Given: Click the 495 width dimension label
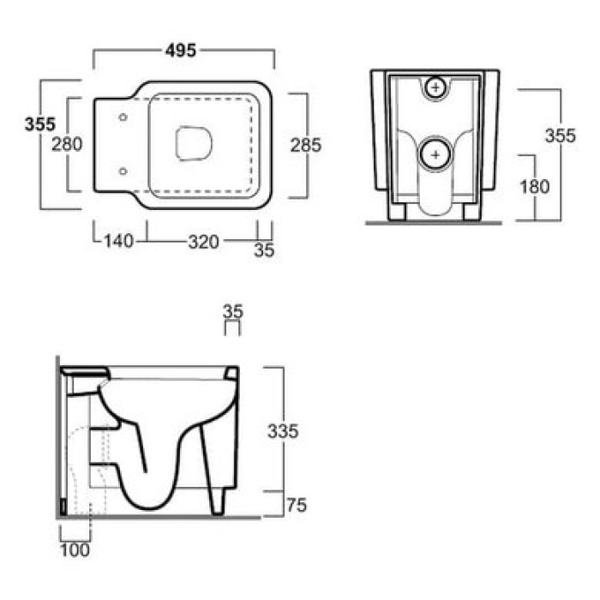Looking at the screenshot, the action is pyautogui.click(x=181, y=50).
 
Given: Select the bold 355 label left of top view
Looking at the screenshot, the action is pyautogui.click(x=40, y=124).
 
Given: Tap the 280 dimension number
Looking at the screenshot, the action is pyautogui.click(x=67, y=144).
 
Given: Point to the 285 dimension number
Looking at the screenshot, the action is pyautogui.click(x=306, y=145).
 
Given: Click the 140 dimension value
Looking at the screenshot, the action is pyautogui.click(x=119, y=241).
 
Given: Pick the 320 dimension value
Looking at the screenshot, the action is pyautogui.click(x=204, y=242).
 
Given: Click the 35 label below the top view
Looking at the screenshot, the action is pyautogui.click(x=264, y=250).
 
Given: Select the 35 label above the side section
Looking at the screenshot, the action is pyautogui.click(x=233, y=311).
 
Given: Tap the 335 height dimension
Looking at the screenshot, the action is pyautogui.click(x=283, y=431).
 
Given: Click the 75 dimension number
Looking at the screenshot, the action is pyautogui.click(x=297, y=506).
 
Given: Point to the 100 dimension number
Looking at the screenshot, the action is pyautogui.click(x=75, y=550).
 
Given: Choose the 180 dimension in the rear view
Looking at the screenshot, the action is pyautogui.click(x=535, y=187).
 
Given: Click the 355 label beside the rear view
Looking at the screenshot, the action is pyautogui.click(x=561, y=135).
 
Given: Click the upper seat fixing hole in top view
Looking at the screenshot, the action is pyautogui.click(x=123, y=117).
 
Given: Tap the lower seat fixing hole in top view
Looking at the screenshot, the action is pyautogui.click(x=123, y=171).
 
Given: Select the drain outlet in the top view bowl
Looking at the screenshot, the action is pyautogui.click(x=194, y=143).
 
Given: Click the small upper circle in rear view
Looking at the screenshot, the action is pyautogui.click(x=435, y=88).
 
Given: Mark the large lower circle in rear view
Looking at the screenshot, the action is pyautogui.click(x=435, y=154).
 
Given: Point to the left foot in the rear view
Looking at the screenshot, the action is pyautogui.click(x=397, y=212).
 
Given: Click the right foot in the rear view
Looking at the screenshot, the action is pyautogui.click(x=471, y=212).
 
